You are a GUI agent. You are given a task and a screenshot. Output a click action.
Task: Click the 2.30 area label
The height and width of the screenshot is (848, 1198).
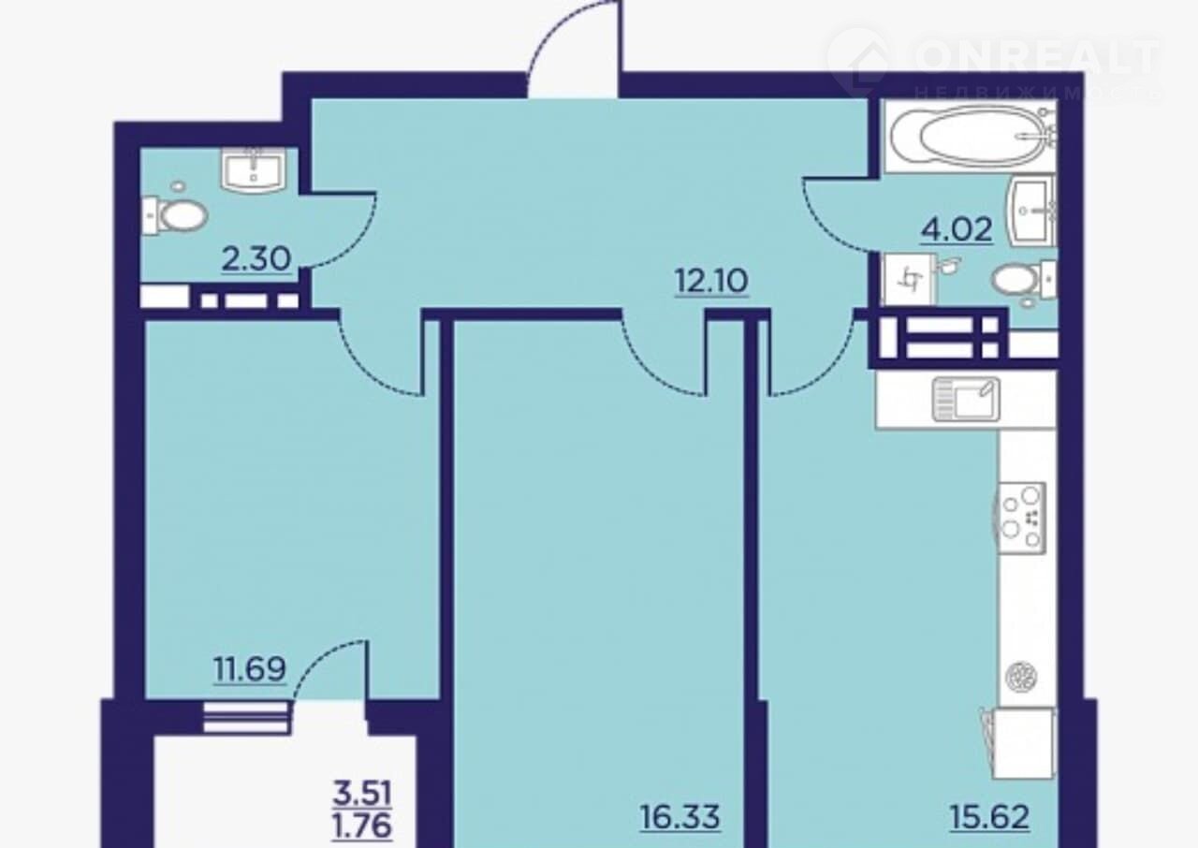pos(256,259)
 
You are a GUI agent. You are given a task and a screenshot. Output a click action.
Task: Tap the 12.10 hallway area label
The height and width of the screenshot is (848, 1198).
pos(711,281)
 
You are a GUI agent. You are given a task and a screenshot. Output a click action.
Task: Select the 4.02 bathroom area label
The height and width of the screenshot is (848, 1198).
pos(957,230)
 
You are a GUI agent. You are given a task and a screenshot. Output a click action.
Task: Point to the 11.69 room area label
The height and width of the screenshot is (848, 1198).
pos(250,669)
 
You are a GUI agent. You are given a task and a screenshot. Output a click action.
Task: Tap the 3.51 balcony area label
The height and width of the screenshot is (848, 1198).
pos(362,794)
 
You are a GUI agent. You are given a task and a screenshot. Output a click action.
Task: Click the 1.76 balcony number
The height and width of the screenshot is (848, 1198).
pos(362,826)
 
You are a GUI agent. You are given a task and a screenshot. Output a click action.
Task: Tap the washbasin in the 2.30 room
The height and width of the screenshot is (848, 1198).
pos(254,170)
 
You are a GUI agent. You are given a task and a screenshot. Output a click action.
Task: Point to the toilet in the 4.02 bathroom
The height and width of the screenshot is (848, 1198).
pos(1023,280)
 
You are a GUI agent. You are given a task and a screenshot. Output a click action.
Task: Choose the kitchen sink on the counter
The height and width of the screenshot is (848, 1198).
pos(967,399)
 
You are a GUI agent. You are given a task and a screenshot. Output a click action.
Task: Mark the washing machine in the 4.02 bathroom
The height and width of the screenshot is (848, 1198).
pos(909,280)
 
